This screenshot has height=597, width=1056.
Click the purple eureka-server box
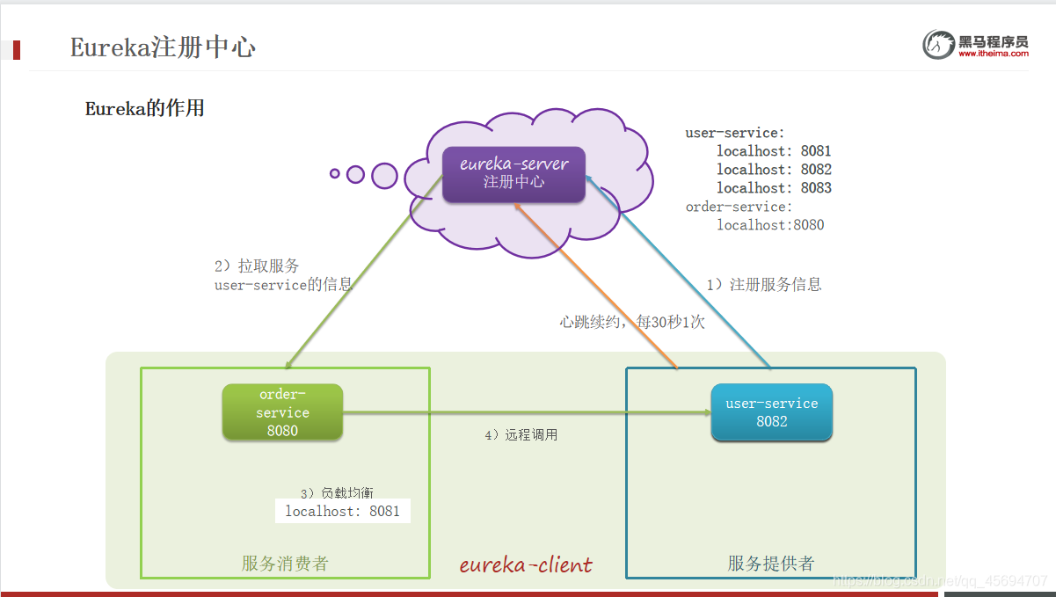(x=513, y=174)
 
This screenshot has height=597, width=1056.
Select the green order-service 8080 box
(x=282, y=412)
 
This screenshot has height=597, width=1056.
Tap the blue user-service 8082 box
(x=772, y=412)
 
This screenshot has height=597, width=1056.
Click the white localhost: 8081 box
(x=343, y=511)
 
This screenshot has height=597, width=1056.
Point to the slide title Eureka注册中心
(x=163, y=47)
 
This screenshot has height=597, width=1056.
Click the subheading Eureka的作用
(x=145, y=108)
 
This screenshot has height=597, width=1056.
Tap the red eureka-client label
(x=526, y=564)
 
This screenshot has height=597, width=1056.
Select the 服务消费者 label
(x=285, y=563)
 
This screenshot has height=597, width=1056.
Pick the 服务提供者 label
(x=771, y=563)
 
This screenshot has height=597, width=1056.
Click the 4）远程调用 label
(x=521, y=434)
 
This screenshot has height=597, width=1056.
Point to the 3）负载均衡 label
(x=337, y=492)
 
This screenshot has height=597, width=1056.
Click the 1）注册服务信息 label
(x=764, y=284)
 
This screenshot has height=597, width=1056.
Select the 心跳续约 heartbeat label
(x=632, y=322)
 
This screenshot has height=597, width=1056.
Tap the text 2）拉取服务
(x=257, y=266)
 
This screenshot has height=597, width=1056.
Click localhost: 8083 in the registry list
(x=774, y=187)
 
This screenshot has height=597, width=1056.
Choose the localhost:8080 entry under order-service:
(x=770, y=225)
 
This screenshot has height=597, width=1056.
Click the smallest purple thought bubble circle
(x=335, y=173)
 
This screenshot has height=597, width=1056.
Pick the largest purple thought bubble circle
(x=384, y=176)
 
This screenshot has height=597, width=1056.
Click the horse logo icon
(x=938, y=45)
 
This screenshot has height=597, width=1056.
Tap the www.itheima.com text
(x=994, y=54)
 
